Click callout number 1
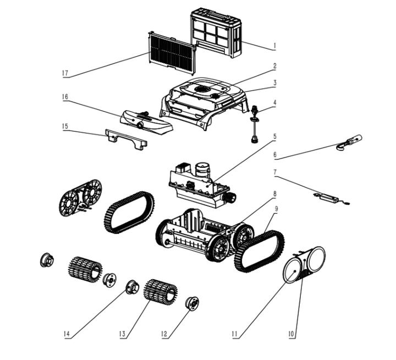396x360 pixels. (x=274, y=46)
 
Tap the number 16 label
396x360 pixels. (x=64, y=97)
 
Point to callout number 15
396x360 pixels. (x=64, y=126)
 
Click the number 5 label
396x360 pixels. (x=274, y=136)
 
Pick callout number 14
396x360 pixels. (x=66, y=334)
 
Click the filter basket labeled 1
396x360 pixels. (x=216, y=34)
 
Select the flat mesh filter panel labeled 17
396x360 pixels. (x=172, y=52)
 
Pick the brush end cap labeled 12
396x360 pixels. (x=193, y=303)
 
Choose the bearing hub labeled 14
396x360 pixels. (x=132, y=287)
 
